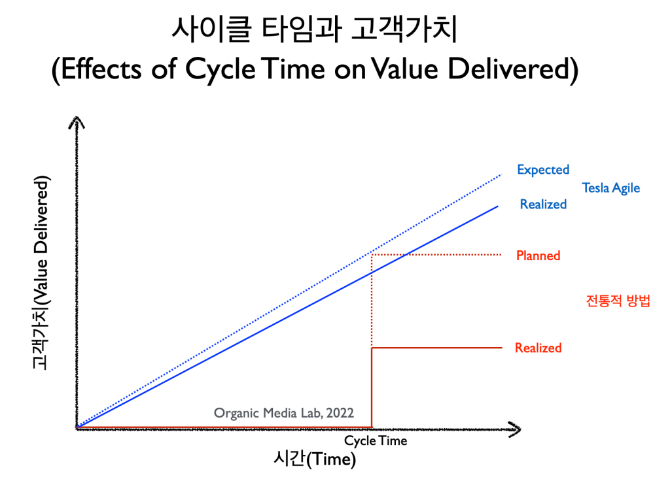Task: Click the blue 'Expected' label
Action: point(543,170)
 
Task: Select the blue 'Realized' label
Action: point(543,204)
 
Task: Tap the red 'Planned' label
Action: point(538,256)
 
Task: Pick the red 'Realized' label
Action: point(538,348)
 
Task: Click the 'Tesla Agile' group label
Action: point(611,188)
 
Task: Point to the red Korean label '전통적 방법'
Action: point(618,301)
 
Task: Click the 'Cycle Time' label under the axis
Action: point(376,440)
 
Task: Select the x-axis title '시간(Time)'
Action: point(315,459)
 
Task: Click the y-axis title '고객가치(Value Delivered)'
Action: point(41,272)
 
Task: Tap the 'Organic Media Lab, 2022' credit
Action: point(284,413)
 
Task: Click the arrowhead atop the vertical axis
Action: point(77,122)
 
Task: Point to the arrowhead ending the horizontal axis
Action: point(515,429)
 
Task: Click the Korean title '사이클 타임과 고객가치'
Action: point(315,29)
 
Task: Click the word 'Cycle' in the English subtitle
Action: point(220,69)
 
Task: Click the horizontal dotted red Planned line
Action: point(436,254)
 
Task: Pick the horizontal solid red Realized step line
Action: point(436,348)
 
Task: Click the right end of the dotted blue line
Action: point(501,175)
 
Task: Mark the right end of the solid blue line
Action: point(498,206)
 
